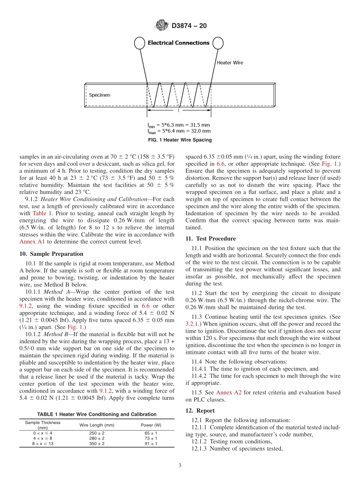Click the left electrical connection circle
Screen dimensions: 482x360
point(139,43)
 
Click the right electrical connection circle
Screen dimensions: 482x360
point(218,43)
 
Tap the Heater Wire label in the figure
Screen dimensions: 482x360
point(230,63)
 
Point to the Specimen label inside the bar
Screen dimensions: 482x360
point(99,95)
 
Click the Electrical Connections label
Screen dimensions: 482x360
point(178,43)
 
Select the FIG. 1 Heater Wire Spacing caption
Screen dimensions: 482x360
point(180,140)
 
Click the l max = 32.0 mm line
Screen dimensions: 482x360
point(179,131)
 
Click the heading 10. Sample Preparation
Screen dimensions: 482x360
point(52,254)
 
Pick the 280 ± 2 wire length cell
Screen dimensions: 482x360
point(97,438)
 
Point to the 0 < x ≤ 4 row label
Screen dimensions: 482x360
point(42,433)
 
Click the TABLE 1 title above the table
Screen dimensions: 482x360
point(97,415)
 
